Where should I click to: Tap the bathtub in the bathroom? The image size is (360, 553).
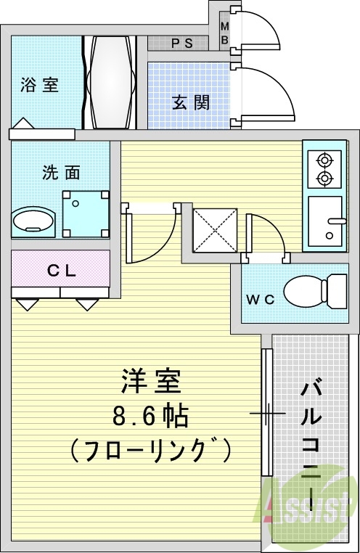click(111, 81)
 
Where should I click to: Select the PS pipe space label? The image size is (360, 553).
click(181, 43)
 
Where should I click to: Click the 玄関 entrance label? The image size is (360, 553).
click(191, 102)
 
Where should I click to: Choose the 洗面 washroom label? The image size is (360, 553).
click(61, 173)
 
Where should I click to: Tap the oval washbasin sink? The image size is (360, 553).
click(34, 220)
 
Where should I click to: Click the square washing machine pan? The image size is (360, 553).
click(86, 214)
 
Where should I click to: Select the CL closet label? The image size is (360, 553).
click(62, 271)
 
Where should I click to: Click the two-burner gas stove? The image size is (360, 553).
click(323, 168)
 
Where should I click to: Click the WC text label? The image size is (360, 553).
click(259, 300)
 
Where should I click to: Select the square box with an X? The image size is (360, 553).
click(214, 230)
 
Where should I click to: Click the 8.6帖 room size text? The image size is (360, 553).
click(150, 417)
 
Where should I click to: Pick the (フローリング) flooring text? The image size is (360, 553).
click(150, 451)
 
